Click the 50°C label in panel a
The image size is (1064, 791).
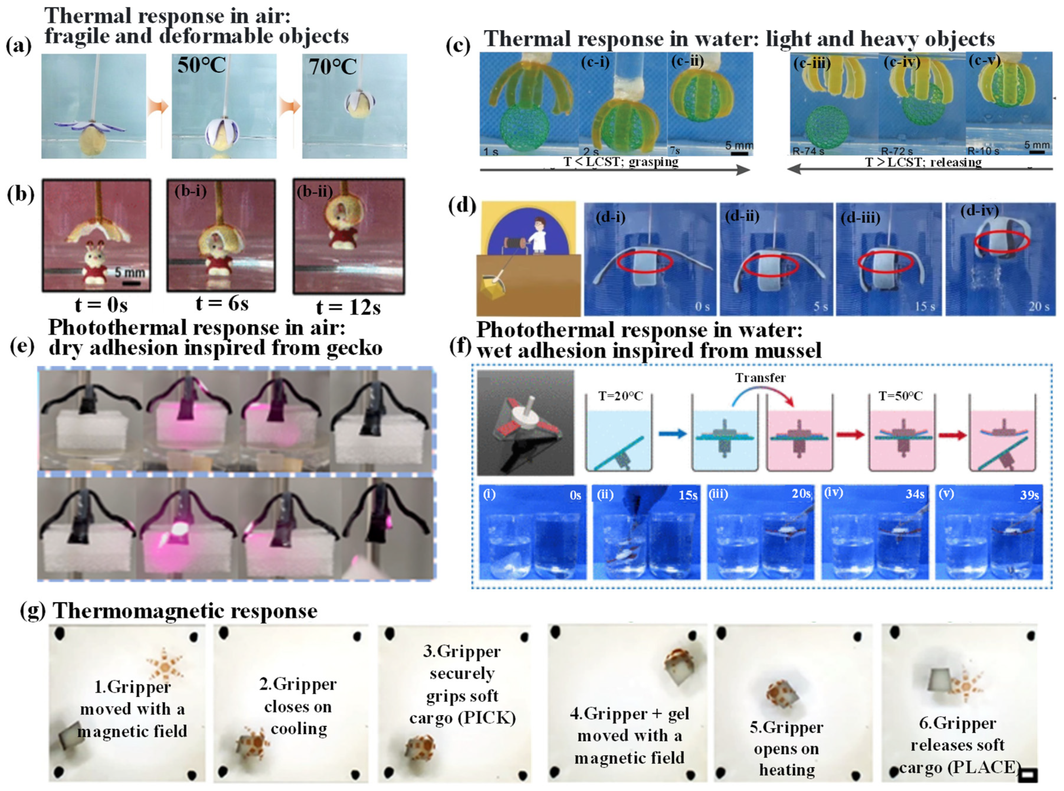(201, 66)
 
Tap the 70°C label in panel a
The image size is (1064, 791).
(332, 66)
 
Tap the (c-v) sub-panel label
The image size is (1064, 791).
(984, 61)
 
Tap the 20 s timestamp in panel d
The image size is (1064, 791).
(1039, 307)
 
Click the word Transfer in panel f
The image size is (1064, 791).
(760, 378)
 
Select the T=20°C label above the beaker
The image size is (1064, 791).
(620, 397)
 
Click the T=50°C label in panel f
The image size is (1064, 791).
(900, 397)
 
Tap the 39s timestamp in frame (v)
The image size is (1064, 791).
(1029, 495)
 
